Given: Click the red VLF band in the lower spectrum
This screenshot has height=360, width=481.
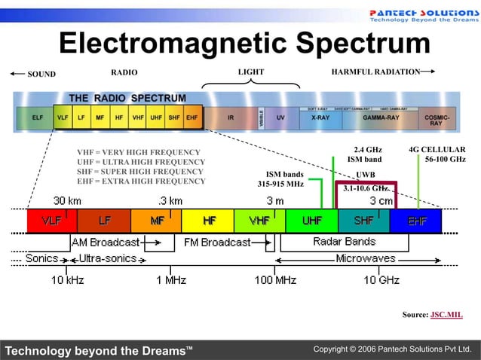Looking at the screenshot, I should [x=52, y=221].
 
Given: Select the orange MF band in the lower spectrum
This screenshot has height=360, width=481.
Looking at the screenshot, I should [x=156, y=221].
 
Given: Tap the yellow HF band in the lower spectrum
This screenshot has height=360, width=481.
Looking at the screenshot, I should [x=208, y=221].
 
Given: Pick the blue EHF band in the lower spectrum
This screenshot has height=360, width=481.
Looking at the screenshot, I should [x=417, y=221].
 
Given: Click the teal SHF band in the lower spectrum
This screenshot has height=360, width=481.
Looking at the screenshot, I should [x=364, y=221].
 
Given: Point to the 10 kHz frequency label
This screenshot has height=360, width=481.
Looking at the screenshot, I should [x=67, y=279].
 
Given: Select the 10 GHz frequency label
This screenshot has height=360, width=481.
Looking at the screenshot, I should [x=381, y=279].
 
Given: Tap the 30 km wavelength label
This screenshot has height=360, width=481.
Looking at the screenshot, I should [x=67, y=201].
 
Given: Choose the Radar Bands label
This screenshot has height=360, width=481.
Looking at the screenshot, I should [x=344, y=242].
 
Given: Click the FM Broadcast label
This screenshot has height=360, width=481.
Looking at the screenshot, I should [x=217, y=243].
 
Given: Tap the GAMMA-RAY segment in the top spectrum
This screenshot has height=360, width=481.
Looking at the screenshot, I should [x=381, y=118].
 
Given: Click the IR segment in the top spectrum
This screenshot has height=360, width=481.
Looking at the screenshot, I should [x=230, y=118].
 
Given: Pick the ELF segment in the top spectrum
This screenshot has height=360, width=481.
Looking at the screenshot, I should [x=37, y=118].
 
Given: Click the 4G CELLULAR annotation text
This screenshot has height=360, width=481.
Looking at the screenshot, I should [x=437, y=149].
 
